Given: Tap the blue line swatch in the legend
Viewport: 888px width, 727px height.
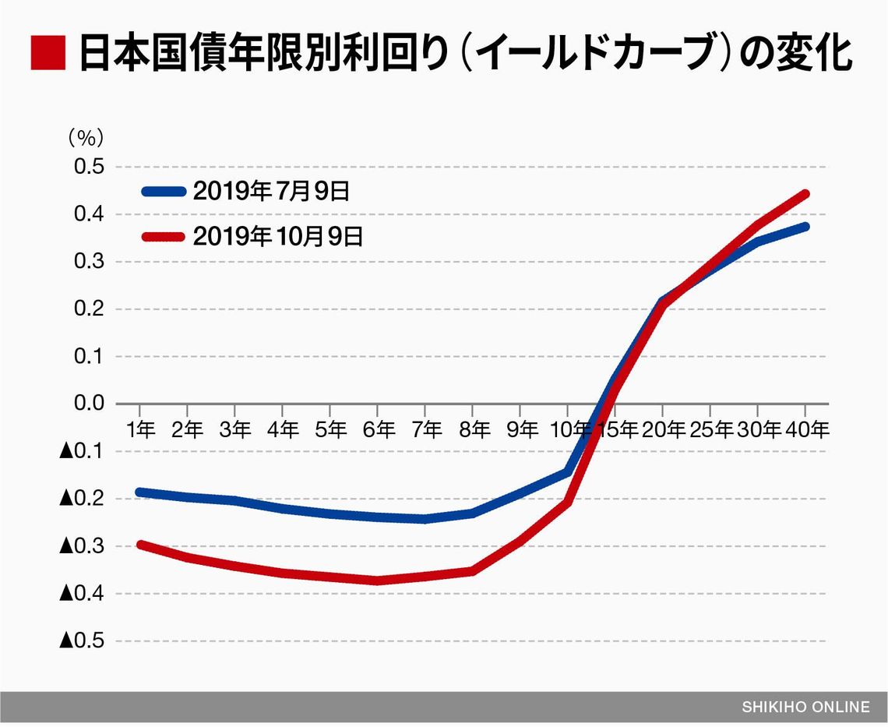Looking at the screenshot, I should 163,191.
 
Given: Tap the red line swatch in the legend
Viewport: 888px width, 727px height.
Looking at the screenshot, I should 163,236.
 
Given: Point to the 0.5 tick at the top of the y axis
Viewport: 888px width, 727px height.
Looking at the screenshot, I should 88,168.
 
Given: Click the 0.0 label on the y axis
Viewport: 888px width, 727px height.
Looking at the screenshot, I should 88,404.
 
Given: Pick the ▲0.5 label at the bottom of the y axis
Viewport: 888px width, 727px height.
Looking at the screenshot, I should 82,641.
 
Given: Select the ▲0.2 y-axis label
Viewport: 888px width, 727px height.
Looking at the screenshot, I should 82,499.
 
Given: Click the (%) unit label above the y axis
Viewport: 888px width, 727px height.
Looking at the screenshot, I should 86,138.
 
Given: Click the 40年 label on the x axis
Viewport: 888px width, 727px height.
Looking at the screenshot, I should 807,429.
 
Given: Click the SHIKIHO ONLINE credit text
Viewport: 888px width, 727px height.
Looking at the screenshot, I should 805,708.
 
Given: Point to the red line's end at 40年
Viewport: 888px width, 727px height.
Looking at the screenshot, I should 805,194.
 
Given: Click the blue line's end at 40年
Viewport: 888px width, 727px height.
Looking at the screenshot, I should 805,227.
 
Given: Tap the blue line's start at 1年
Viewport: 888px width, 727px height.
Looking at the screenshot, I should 140,492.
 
